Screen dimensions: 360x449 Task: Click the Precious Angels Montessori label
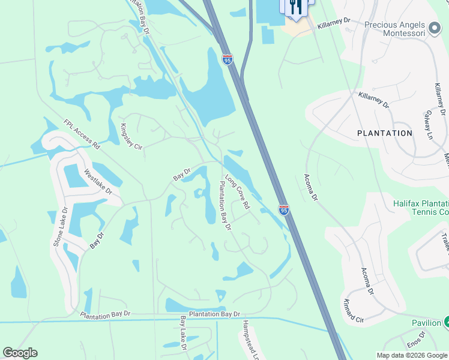coord(394,29)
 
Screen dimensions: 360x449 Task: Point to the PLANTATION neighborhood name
coord(385,133)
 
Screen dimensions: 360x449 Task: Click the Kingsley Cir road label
coord(131,137)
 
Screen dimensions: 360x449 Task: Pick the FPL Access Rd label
coord(81,134)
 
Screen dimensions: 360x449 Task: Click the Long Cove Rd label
coord(237,191)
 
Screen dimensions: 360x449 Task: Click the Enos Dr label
coord(415,346)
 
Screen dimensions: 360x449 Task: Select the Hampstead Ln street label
coord(249,339)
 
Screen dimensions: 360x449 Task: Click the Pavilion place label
coord(426,323)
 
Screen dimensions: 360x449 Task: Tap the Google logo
coord(20,353)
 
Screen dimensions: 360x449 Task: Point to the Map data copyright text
coord(411,355)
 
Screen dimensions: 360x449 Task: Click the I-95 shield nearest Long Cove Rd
coord(284,209)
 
